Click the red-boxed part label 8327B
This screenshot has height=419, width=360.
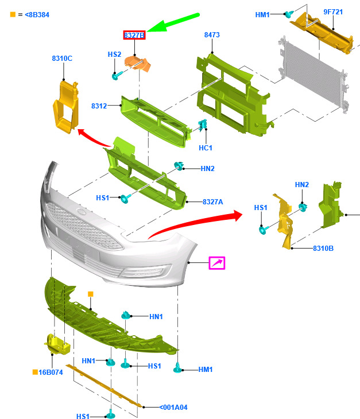(x=134, y=35)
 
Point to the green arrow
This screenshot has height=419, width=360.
(x=173, y=22)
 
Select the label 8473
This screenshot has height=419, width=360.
(x=212, y=35)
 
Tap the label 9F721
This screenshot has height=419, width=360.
(x=333, y=11)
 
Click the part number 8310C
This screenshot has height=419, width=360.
(x=62, y=58)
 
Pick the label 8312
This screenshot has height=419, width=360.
(x=99, y=106)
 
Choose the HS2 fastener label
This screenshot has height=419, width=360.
(x=114, y=55)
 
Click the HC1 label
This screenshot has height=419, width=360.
(x=206, y=148)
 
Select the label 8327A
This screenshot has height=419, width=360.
(x=213, y=201)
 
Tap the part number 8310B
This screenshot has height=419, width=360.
(x=323, y=249)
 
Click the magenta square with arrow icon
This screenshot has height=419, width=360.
(x=217, y=263)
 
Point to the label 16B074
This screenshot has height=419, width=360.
(x=51, y=373)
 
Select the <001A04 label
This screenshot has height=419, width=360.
(x=173, y=408)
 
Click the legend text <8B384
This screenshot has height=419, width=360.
(x=37, y=15)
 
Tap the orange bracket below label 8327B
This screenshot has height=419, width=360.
(x=138, y=64)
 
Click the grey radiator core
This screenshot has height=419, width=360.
(x=313, y=73)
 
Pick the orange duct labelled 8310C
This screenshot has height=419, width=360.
(x=66, y=107)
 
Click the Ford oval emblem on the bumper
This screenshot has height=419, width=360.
(x=82, y=212)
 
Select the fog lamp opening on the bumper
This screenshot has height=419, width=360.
(x=146, y=272)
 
